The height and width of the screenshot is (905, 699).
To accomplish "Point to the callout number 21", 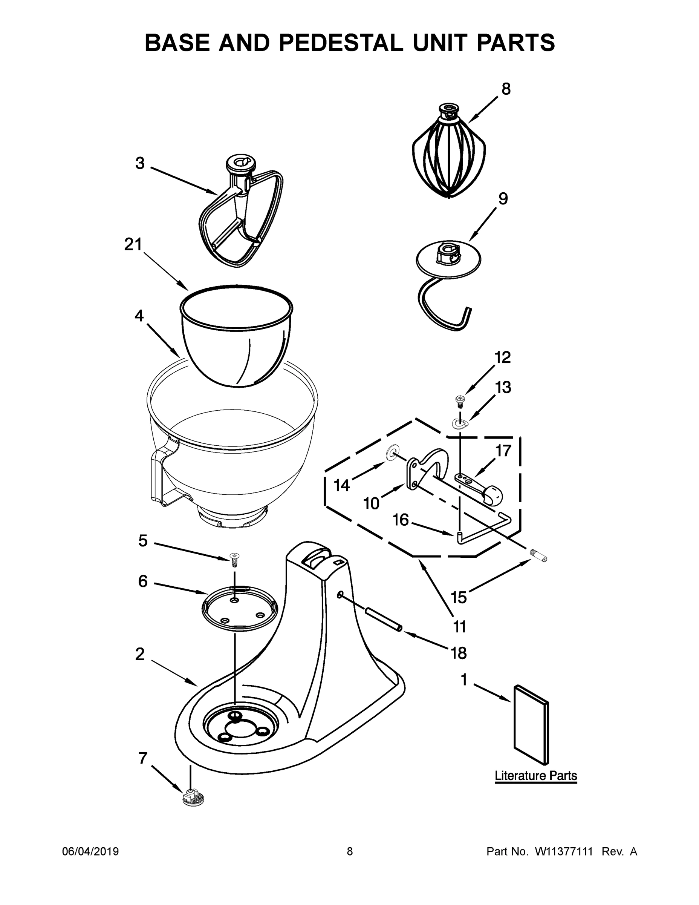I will pos(133,244).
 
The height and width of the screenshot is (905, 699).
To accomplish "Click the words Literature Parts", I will pos(535,775).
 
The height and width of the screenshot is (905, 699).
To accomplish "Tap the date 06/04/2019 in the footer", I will pos(90,851).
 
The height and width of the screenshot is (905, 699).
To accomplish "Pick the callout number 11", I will pos(460,627).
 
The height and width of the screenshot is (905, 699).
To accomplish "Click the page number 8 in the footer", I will pos(350,851).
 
